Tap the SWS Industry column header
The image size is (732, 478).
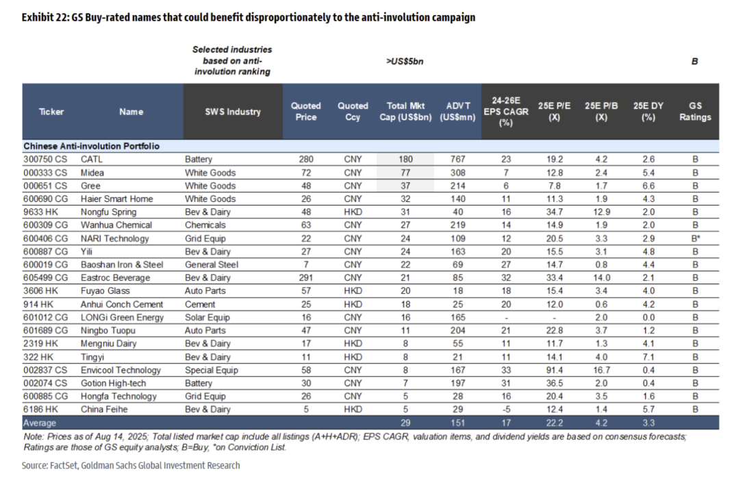click(x=233, y=112)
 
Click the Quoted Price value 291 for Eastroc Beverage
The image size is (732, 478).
click(x=305, y=278)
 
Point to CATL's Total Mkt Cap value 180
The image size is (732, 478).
click(x=405, y=159)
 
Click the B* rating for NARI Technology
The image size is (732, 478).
click(x=694, y=238)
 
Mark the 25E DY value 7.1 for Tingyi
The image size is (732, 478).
click(x=648, y=357)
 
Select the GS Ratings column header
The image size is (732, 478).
click(x=694, y=112)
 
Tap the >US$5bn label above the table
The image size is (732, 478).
click(x=405, y=61)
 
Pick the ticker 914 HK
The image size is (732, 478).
click(x=38, y=304)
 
